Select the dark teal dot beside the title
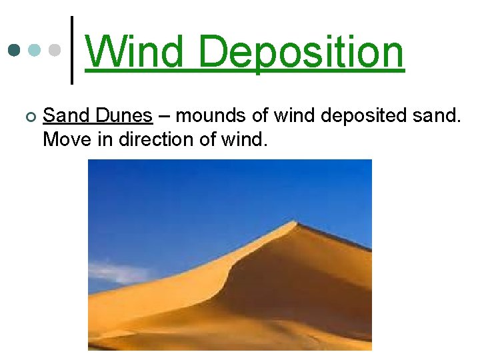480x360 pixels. tap(14, 50)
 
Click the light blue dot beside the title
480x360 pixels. tap(34, 50)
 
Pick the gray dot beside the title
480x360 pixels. tap(55, 50)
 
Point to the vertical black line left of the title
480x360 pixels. tap(72, 50)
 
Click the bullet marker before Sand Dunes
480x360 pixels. tap(27, 117)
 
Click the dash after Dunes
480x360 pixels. tap(164, 117)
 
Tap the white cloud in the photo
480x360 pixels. tap(120, 272)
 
